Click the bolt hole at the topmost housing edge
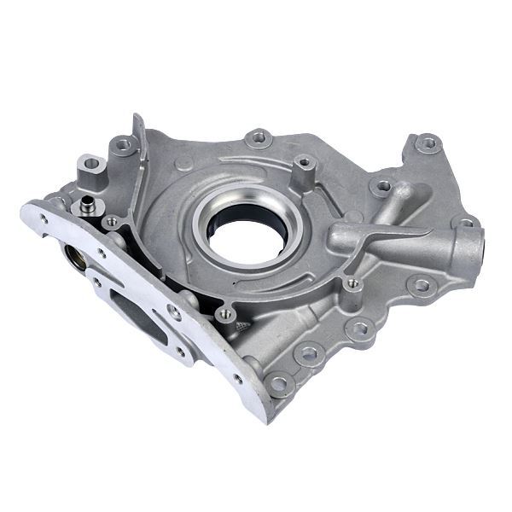(259, 137)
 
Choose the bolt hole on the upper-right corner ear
(428, 143)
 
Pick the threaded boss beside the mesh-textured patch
(225, 314)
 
